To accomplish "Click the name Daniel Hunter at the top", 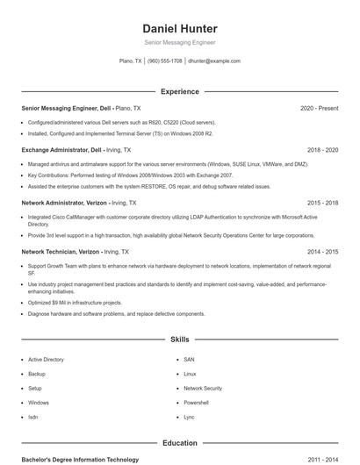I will (x=179, y=29).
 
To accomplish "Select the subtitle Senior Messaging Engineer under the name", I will (x=179, y=42).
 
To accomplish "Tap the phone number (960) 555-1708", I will (x=165, y=61).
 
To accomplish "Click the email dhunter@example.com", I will (x=214, y=61).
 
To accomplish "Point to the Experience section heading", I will (x=179, y=91).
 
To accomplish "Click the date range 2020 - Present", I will (x=319, y=108).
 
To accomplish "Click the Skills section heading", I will (x=179, y=339).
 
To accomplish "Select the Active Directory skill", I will (x=46, y=360).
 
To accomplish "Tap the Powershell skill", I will (x=196, y=402).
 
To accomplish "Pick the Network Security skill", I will (x=203, y=388).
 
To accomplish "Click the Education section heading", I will (x=179, y=444).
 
